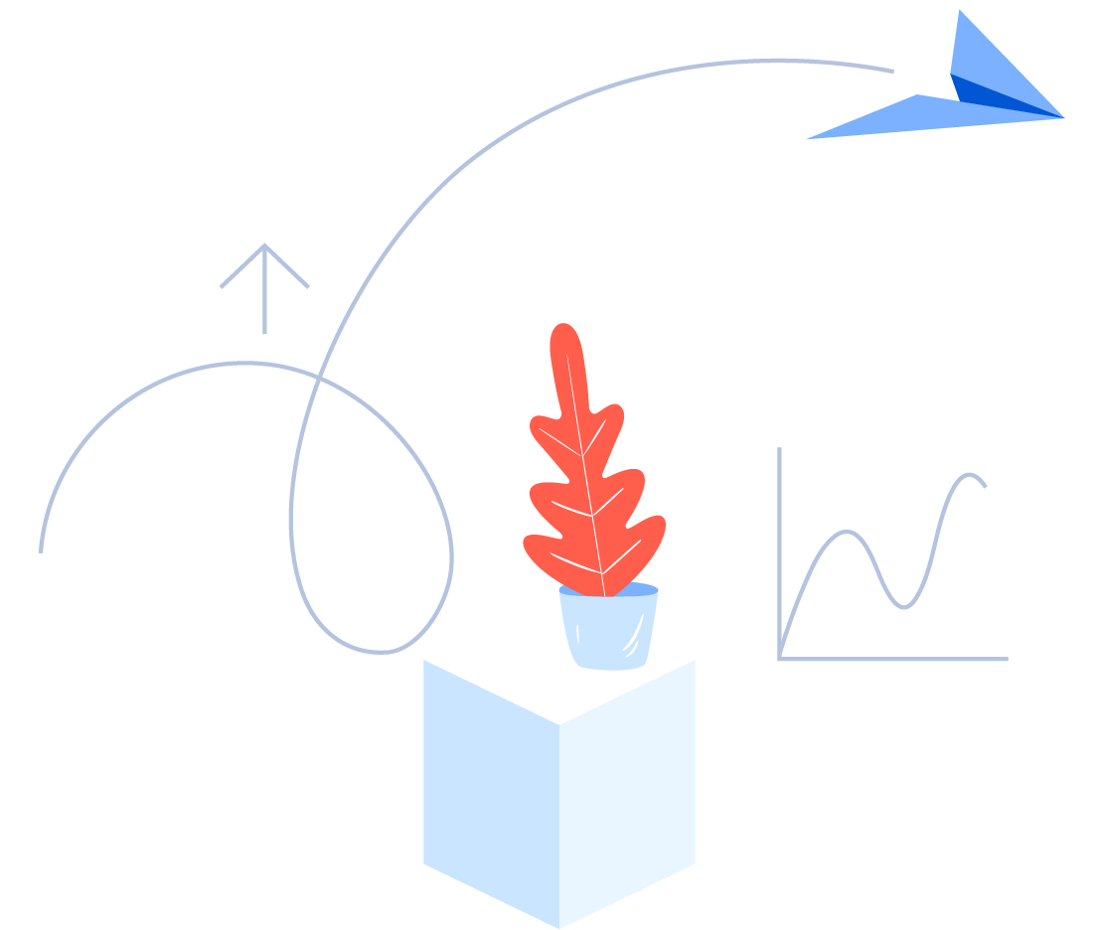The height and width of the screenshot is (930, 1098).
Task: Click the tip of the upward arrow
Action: coord(264,246)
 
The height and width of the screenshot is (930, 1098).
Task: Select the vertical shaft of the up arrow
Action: coord(264,298)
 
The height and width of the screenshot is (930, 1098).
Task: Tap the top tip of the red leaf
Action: coord(563,328)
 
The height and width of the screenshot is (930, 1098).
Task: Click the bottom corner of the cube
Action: coord(559,926)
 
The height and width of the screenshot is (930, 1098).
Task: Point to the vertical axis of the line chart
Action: coord(779,546)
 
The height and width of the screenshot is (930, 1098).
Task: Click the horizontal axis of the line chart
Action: coord(894,659)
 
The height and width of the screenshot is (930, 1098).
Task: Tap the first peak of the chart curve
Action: coord(847,533)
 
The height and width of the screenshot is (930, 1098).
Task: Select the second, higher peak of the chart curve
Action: coord(968,475)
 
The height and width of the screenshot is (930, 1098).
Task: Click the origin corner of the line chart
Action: coord(780,658)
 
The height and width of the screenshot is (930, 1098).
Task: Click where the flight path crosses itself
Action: coord(317,378)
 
